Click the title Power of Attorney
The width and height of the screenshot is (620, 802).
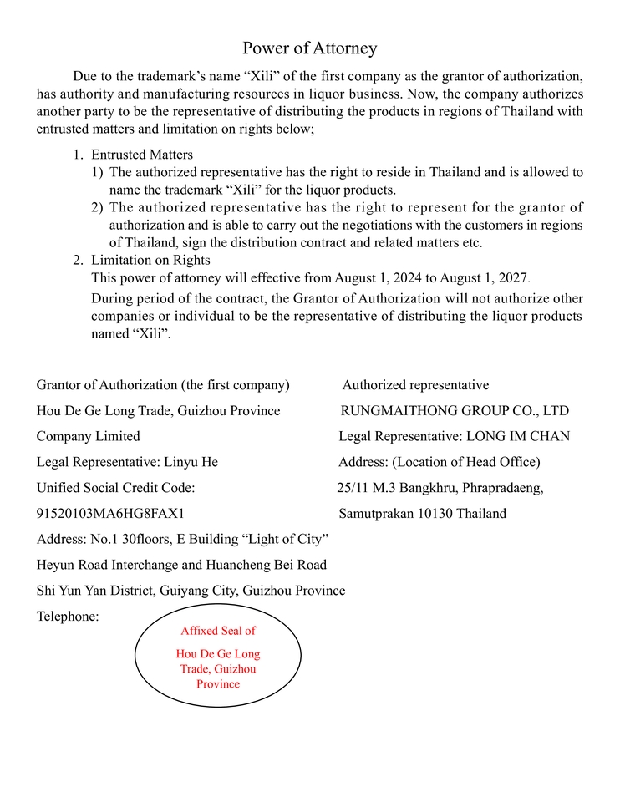point(310,48)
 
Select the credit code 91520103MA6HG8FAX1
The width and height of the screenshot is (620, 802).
point(110,513)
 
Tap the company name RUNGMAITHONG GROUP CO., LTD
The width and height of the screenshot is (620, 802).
point(454,411)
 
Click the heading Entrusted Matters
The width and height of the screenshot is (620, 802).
point(142,155)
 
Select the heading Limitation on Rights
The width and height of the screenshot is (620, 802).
point(150,260)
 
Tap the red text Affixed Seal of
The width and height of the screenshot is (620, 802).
point(218,631)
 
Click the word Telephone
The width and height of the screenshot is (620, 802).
point(68,617)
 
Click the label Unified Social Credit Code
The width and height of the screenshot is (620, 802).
point(115,487)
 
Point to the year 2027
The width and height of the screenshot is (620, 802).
point(512,278)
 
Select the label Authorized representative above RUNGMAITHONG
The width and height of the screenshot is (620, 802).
point(415,385)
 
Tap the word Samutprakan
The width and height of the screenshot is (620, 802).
point(375,513)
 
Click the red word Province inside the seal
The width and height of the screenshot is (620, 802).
point(218,683)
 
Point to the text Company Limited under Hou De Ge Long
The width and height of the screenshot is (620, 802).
point(88,436)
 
